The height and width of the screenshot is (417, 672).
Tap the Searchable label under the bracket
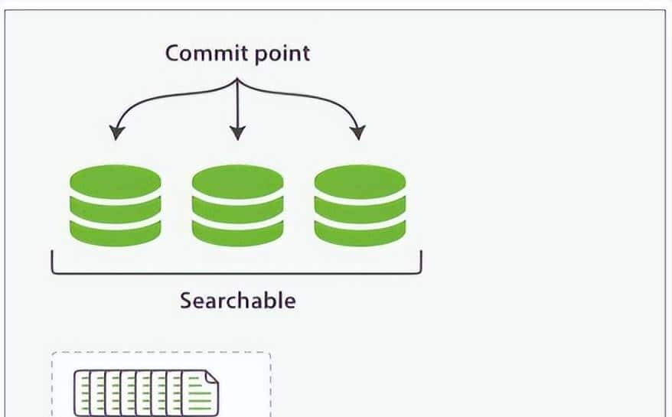tap(237, 300)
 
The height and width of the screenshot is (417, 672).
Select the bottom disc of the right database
tap(360, 231)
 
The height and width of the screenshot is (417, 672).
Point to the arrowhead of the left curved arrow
tap(116, 133)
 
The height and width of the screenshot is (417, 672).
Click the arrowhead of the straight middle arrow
tap(237, 133)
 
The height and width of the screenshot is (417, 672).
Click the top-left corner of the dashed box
tap(52, 353)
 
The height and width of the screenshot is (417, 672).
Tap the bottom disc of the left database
tap(116, 231)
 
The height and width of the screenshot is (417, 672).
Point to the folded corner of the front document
tap(212, 377)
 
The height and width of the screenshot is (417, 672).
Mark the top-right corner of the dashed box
tap(270, 353)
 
